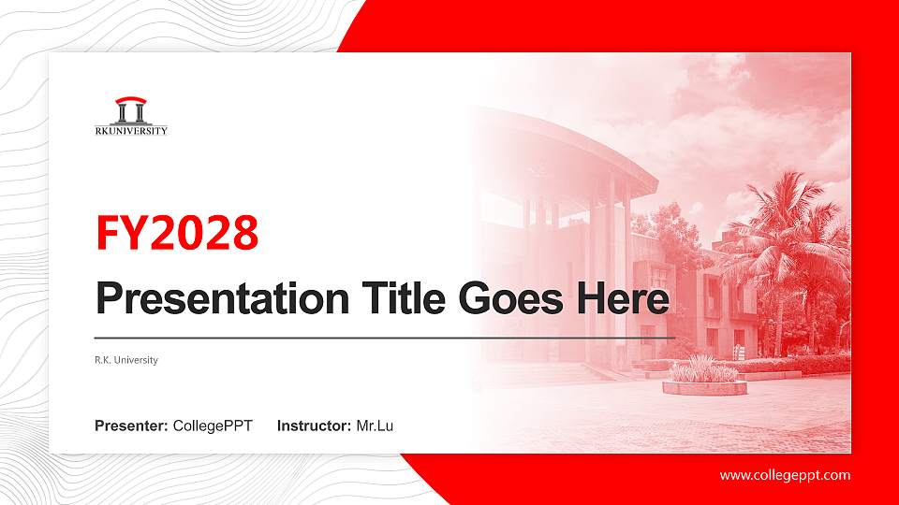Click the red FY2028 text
(177, 234)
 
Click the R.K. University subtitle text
(126, 360)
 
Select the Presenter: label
(131, 426)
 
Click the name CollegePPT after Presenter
(214, 426)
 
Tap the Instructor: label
(315, 426)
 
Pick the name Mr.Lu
(375, 426)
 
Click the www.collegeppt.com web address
(785, 475)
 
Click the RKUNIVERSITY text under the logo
(132, 131)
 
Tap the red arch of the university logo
(131, 101)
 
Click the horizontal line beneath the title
(384, 337)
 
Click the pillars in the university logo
(131, 113)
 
